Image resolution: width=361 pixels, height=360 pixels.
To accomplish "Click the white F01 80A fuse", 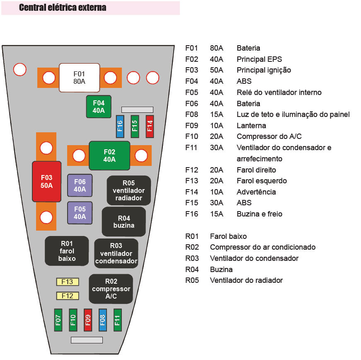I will tap(79, 78).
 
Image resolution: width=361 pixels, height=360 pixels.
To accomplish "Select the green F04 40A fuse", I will tap(99, 107).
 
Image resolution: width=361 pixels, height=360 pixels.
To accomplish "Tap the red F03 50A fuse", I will tap(46, 182).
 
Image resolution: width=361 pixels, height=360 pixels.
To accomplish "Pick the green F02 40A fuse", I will tap(109, 156).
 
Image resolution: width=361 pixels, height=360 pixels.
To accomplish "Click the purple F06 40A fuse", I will tap(80, 185).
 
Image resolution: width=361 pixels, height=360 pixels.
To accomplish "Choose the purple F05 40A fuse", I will tap(80, 213).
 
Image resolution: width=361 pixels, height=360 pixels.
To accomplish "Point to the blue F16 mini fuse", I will tap(120, 126).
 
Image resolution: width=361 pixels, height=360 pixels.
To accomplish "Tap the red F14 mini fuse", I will tap(150, 126).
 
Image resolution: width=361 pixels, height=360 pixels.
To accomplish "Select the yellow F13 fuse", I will tap(67, 282).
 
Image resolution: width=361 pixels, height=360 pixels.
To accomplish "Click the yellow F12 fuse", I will tap(67, 296).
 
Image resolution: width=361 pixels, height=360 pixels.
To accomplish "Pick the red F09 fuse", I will tap(87, 320).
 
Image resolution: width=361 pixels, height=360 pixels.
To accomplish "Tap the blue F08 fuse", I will tap(102, 320).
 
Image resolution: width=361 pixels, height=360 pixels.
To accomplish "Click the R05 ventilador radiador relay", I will tap(128, 190).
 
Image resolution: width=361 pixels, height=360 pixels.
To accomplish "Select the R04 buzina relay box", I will tap(124, 221).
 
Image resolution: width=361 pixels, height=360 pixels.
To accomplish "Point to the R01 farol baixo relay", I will tap(67, 251).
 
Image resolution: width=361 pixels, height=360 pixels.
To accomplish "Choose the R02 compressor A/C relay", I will tap(111, 289).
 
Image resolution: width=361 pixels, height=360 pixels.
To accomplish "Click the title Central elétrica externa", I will tap(63, 7).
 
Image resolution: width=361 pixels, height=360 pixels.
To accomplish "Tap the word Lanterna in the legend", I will tap(251, 125).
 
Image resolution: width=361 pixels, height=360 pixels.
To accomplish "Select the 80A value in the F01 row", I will tap(216, 48).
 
